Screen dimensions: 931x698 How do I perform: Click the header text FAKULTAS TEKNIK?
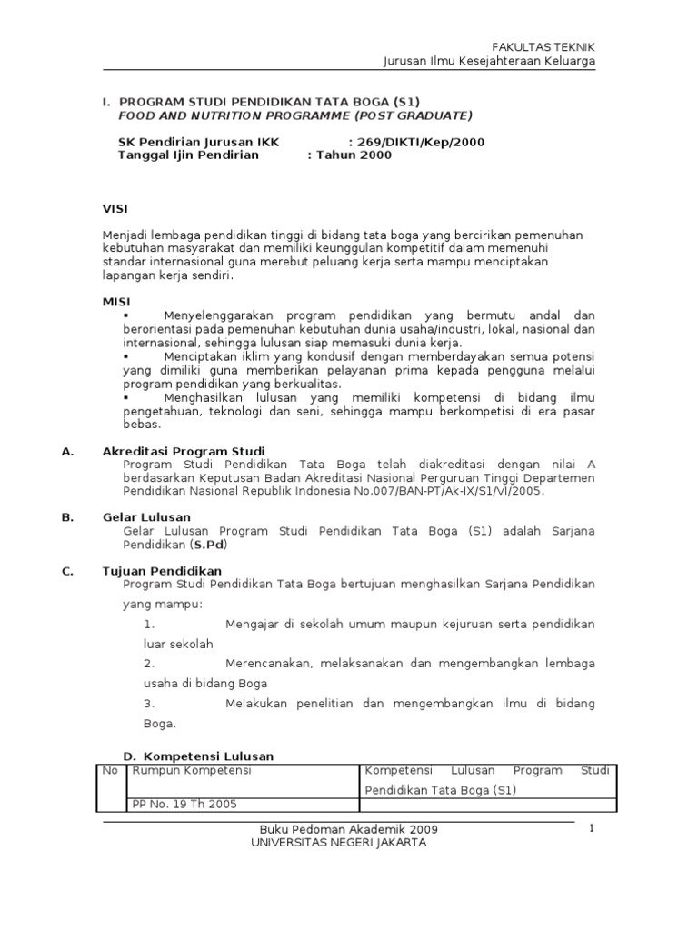click(x=543, y=47)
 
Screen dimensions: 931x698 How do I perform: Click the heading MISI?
click(x=116, y=300)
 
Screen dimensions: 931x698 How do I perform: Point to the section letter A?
click(x=66, y=451)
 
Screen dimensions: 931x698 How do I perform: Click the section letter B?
click(x=66, y=516)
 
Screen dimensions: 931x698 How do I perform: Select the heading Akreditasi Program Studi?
click(x=184, y=451)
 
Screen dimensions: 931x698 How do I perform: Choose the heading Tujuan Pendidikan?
click(x=162, y=570)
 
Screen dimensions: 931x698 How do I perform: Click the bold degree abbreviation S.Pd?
click(x=208, y=545)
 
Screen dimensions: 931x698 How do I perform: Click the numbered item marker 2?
click(x=150, y=664)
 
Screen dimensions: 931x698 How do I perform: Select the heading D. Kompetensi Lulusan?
click(x=198, y=756)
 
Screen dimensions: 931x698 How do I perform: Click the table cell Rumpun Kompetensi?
click(x=192, y=770)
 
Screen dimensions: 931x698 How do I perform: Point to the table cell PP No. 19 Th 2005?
click(x=184, y=804)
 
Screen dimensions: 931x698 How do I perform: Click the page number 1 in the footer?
click(x=591, y=828)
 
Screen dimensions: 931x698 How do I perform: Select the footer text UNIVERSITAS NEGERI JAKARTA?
click(x=338, y=842)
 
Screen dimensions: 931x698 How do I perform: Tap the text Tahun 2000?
click(x=353, y=155)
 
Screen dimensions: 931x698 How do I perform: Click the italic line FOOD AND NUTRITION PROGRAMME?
click(x=295, y=115)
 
